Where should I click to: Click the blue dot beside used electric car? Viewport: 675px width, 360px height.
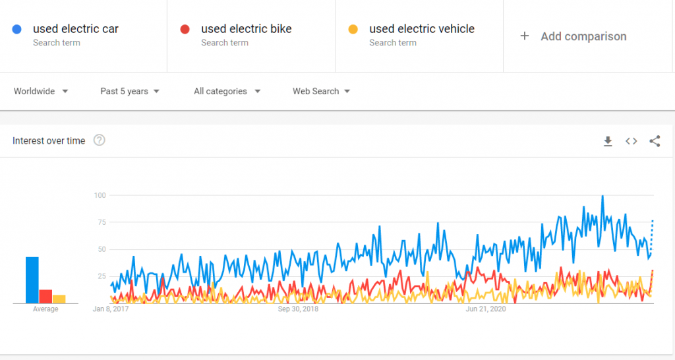click(x=17, y=29)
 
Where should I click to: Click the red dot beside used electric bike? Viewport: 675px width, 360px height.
click(x=185, y=29)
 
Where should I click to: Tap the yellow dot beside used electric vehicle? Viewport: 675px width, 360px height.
click(x=353, y=29)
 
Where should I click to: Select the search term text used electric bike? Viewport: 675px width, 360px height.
click(x=246, y=29)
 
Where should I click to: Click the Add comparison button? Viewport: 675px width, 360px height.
click(x=573, y=36)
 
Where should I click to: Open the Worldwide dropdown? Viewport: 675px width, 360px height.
click(x=41, y=91)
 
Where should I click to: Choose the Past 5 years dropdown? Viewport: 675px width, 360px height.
click(x=130, y=91)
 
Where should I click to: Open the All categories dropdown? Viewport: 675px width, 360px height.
click(x=227, y=91)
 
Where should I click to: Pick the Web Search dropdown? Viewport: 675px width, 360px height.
click(x=321, y=91)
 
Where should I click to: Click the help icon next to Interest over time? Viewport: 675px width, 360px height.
click(x=100, y=140)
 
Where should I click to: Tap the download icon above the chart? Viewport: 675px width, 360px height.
click(x=608, y=141)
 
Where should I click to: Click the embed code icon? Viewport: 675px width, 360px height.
click(x=631, y=141)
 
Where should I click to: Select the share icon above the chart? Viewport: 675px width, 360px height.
click(x=655, y=141)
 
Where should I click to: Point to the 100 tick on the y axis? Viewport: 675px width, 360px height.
click(x=100, y=195)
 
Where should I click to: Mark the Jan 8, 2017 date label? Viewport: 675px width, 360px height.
click(x=110, y=309)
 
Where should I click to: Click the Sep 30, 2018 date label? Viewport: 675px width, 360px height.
click(x=298, y=309)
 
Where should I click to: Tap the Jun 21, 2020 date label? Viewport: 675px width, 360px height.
click(x=486, y=309)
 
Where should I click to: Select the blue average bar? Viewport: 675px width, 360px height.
click(x=32, y=280)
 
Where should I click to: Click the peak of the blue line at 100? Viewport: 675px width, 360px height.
click(x=602, y=196)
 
